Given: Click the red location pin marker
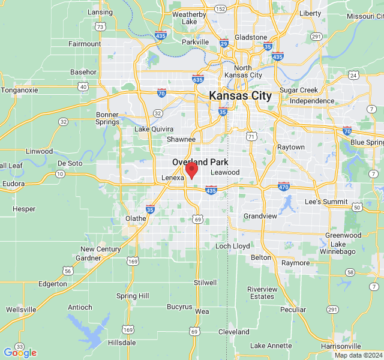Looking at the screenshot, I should click(x=191, y=170).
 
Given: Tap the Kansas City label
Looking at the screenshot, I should click(x=240, y=96).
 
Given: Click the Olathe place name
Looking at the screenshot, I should click(x=136, y=218).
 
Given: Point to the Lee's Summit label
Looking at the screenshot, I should click(x=326, y=202).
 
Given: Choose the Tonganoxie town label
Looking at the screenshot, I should click(x=19, y=90).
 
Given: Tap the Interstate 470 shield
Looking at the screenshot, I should click(x=284, y=186).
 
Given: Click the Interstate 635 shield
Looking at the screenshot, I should click(x=198, y=79).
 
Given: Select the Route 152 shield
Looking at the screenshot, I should click(x=220, y=8).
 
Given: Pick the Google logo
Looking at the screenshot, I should click(x=20, y=353).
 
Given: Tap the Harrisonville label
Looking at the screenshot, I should click(x=341, y=346).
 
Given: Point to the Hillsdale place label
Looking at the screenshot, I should click(x=122, y=343).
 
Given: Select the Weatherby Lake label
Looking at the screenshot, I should click(x=189, y=18).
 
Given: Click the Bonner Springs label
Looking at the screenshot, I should click(x=107, y=118).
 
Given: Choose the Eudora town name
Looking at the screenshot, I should click(x=13, y=184).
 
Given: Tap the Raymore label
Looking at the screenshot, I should click(x=295, y=263).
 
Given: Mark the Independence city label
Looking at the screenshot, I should click(x=311, y=101).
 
